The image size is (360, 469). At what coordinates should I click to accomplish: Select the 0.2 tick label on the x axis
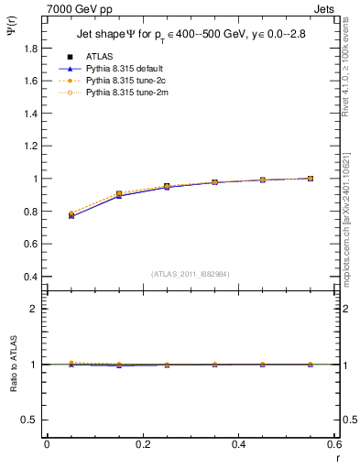[142, 444]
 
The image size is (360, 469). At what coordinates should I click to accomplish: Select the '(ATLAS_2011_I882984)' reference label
[190, 274]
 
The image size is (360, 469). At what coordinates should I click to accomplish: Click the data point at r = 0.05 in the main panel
[71, 215]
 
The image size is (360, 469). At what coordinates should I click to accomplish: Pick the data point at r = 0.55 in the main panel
[310, 179]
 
